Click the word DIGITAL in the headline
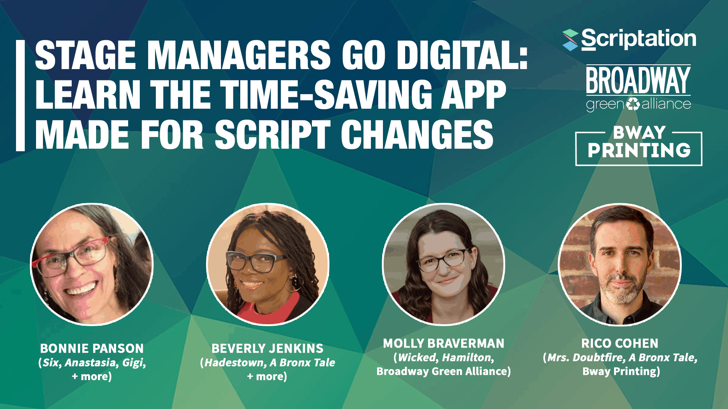tap(462, 55)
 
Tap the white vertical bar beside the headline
tap(20, 95)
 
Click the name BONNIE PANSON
tap(92, 348)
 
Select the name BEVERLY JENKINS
tap(268, 348)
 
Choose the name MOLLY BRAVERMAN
tap(444, 343)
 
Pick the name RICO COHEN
tap(620, 343)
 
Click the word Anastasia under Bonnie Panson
tap(90, 362)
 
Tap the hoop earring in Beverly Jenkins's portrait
tap(291, 284)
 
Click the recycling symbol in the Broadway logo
tap(633, 104)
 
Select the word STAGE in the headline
tap(86, 55)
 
